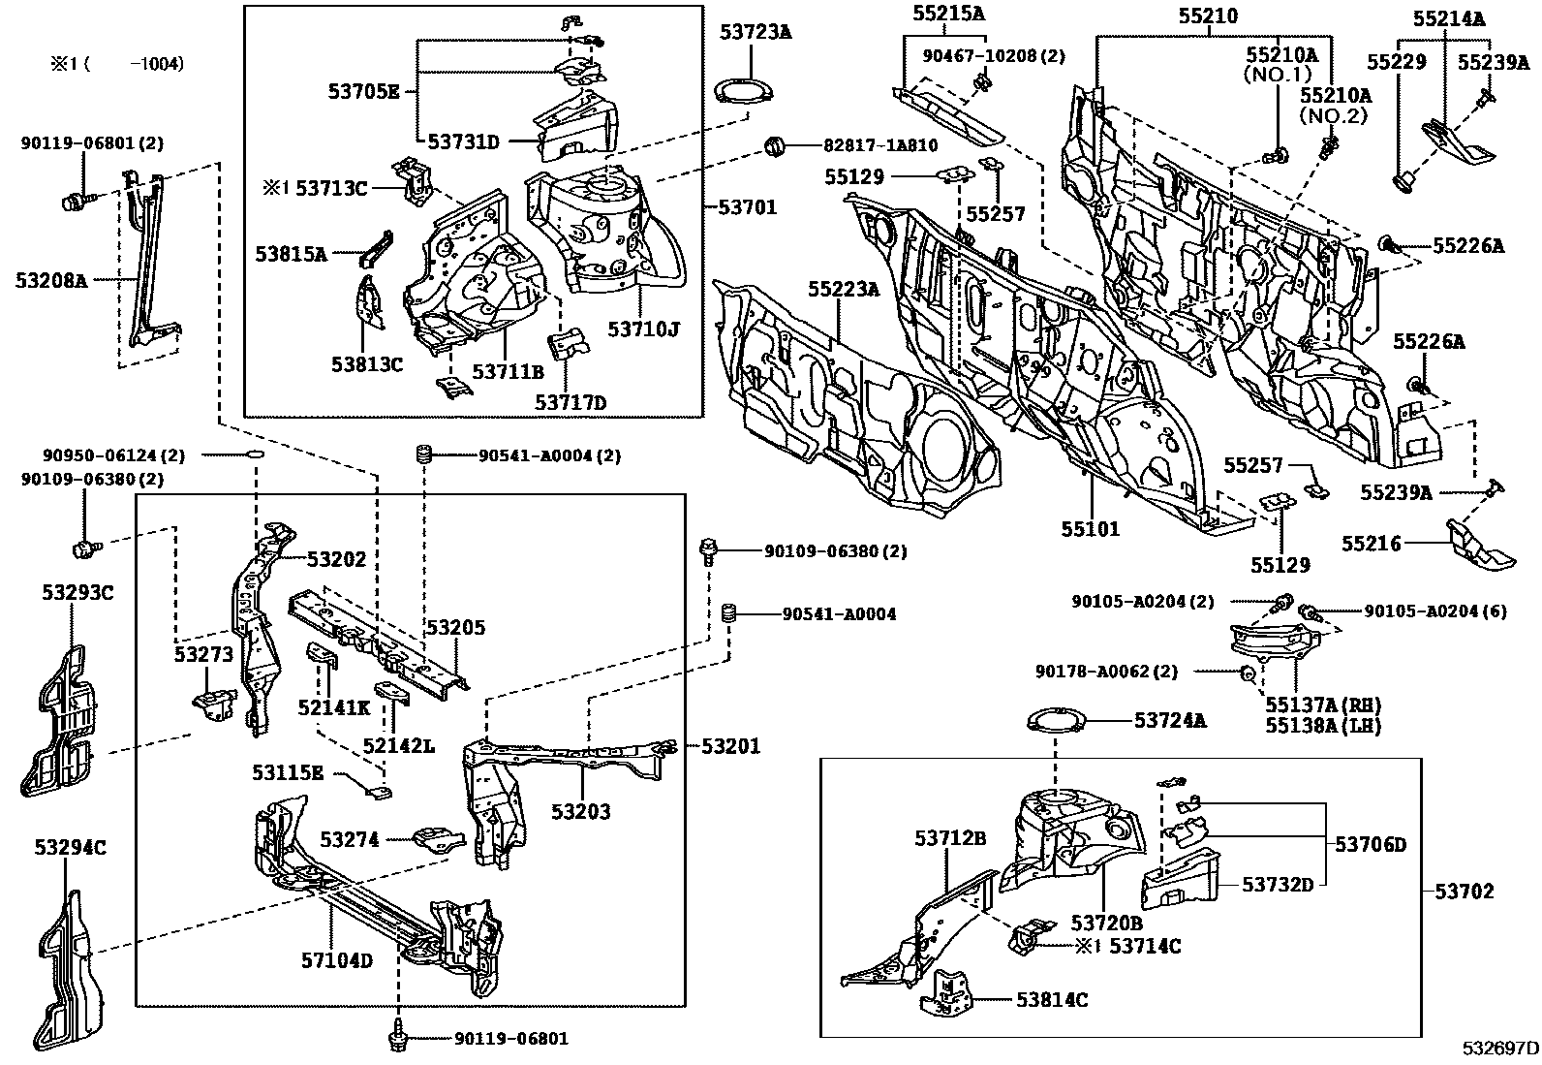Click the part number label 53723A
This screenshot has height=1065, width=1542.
(756, 32)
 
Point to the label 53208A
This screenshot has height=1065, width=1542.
(51, 281)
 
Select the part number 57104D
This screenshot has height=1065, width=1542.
(336, 960)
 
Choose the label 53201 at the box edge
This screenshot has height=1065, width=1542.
(730, 746)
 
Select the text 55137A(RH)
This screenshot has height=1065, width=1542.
(1323, 705)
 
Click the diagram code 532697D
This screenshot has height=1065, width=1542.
(1500, 1049)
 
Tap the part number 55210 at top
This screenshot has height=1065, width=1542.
(1207, 16)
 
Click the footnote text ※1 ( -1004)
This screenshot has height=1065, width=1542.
(116, 64)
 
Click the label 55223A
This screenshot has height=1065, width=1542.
(844, 288)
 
